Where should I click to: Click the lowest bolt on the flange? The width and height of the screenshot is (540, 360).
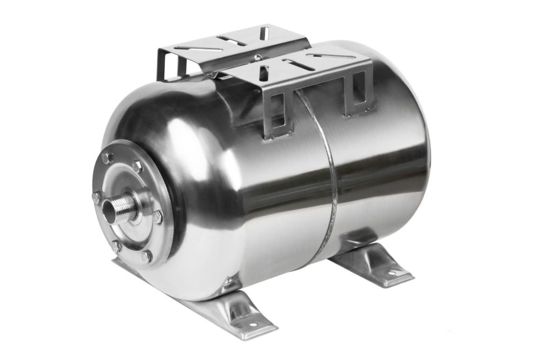[x=145, y=258]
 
